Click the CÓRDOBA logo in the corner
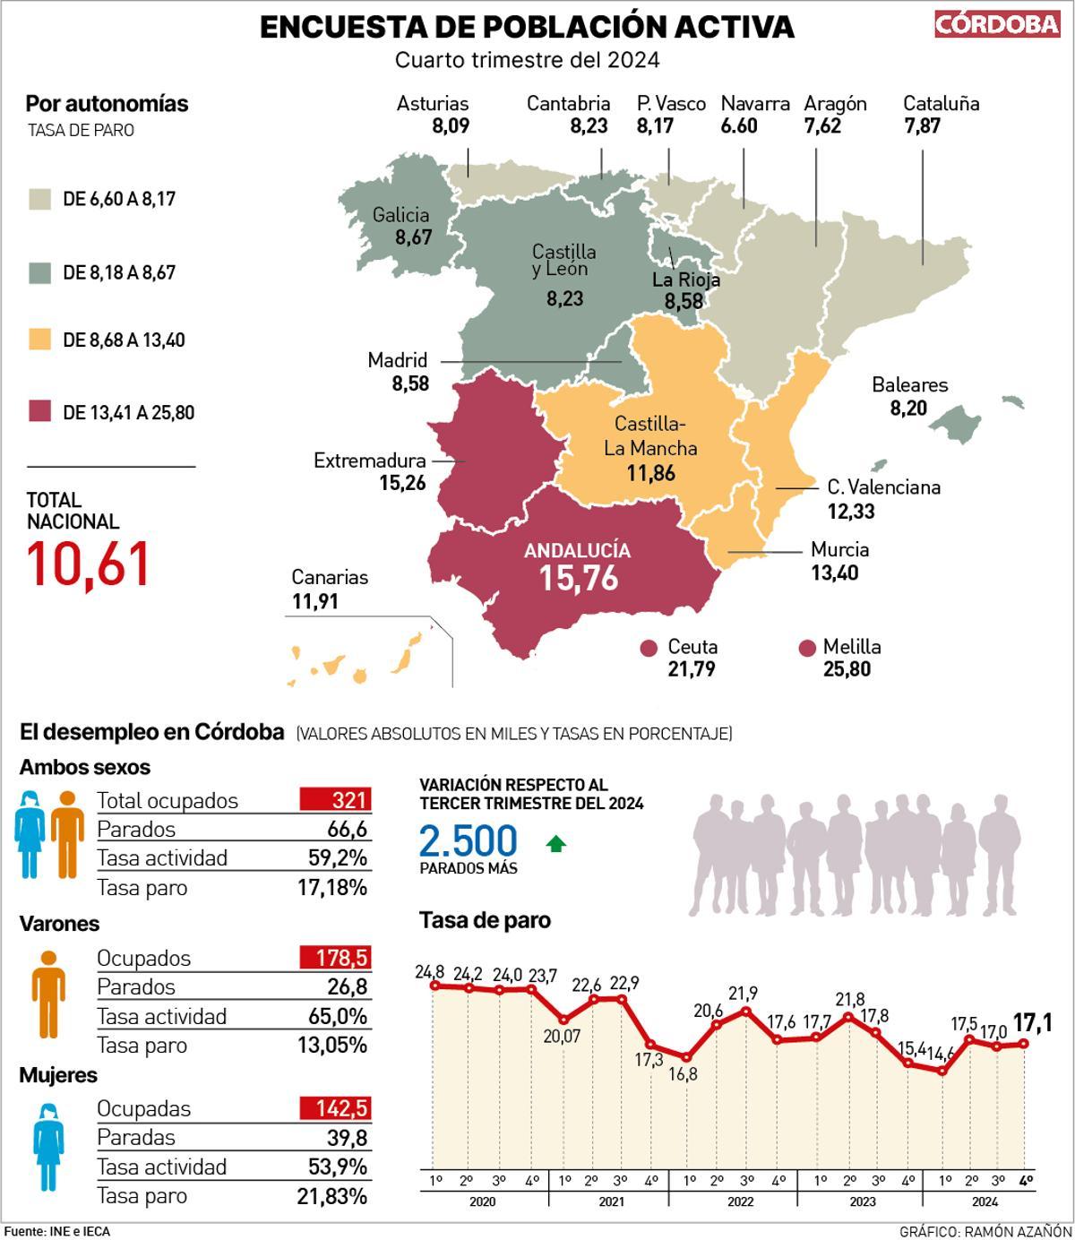[x=997, y=25]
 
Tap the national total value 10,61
[x=88, y=564]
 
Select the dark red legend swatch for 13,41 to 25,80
[x=39, y=412]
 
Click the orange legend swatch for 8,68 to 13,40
[x=39, y=340]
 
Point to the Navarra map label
[x=755, y=104]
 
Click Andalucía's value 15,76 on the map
[x=579, y=578]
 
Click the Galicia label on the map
[x=400, y=215]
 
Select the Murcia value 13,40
[x=834, y=573]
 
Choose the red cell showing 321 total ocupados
[x=334, y=800]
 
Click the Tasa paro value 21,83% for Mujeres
[x=331, y=1196]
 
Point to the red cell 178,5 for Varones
[x=334, y=957]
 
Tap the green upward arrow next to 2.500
[x=556, y=843]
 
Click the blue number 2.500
[x=469, y=841]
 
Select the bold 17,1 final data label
[x=1033, y=1021]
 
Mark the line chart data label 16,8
[x=683, y=1073]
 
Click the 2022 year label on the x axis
[x=740, y=1202]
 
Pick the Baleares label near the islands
[x=909, y=385]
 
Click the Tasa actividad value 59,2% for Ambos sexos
[x=338, y=857]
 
